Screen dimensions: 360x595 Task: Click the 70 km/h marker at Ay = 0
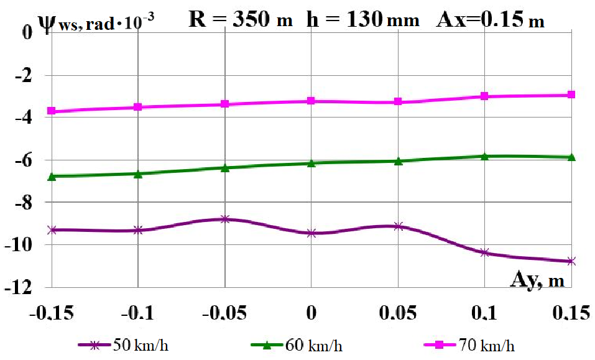tap(311, 101)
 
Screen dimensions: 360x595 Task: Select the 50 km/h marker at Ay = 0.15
tap(571, 261)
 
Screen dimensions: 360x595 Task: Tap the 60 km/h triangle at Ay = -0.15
tap(52, 177)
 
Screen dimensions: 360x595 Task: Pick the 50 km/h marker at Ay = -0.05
tap(225, 219)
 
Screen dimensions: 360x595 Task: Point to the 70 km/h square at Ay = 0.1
tap(484, 96)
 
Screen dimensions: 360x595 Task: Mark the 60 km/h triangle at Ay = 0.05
tap(398, 161)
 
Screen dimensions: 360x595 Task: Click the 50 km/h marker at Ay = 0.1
tap(484, 252)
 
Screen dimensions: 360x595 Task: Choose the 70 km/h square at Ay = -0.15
tap(52, 111)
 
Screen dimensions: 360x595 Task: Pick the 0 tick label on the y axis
tap(27, 32)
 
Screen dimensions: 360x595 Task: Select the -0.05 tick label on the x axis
tap(223, 314)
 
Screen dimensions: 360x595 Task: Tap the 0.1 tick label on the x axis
tap(485, 314)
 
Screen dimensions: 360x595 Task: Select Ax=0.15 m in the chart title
tap(491, 20)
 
